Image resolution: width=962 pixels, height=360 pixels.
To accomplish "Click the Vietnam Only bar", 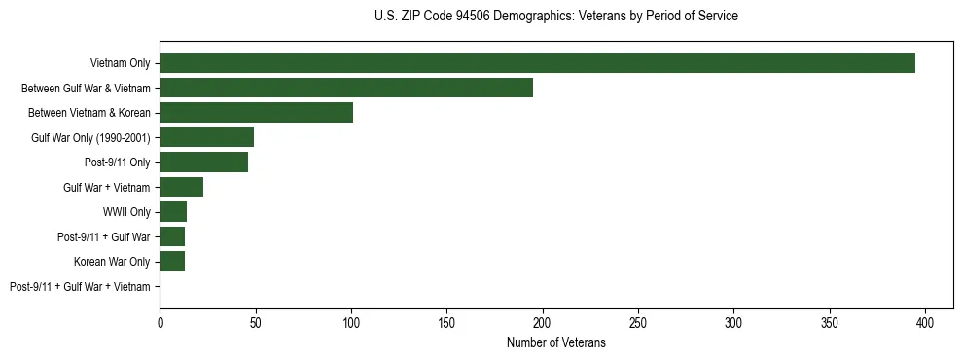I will (537, 63).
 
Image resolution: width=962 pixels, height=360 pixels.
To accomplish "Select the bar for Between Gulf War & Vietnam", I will (346, 88).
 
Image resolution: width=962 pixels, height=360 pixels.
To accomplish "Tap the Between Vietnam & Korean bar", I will (256, 113).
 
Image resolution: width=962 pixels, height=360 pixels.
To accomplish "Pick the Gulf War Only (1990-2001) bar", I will (206, 137).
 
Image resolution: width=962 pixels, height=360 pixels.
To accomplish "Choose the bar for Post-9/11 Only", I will (203, 162).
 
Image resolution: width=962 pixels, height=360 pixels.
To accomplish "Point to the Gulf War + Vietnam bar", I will (181, 187).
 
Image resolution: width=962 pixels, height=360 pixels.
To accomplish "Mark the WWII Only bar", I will (173, 212).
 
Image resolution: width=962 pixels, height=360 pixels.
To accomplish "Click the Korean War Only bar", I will (172, 262).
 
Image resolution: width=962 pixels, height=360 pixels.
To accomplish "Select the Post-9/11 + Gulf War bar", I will (172, 236).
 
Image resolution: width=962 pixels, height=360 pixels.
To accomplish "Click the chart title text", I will (555, 17).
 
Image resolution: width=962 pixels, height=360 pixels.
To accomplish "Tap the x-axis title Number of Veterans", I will (555, 343).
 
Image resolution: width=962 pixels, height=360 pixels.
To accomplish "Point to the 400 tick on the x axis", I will (925, 322).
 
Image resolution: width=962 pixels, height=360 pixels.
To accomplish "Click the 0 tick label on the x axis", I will (160, 322).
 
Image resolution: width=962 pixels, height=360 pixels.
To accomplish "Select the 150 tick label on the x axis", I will (446, 322).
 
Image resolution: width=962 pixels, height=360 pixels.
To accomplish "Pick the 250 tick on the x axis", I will (638, 322).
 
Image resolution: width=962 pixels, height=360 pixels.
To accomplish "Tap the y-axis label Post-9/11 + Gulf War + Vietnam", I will (80, 287).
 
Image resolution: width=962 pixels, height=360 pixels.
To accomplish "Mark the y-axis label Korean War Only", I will (112, 262).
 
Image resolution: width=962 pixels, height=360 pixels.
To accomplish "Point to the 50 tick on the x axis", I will (255, 322).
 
